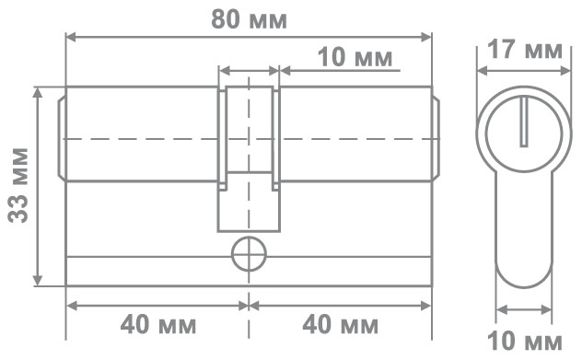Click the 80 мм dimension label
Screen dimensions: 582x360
click(249, 19)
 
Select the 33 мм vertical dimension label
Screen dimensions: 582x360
click(18, 185)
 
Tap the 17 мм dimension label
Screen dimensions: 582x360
click(525, 50)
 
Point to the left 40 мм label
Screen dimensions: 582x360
click(158, 324)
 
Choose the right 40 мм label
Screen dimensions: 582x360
click(341, 324)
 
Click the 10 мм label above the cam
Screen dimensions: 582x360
click(355, 57)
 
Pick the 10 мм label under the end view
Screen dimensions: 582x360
click(525, 341)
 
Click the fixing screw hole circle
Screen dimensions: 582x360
click(249, 254)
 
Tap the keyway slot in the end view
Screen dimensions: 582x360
click(524, 122)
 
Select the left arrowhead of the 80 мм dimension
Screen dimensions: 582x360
click(71, 37)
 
